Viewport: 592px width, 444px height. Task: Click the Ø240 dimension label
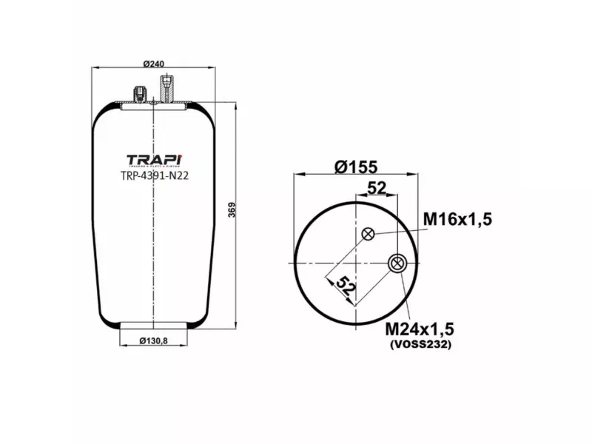point(153,64)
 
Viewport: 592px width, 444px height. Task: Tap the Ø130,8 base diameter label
point(153,341)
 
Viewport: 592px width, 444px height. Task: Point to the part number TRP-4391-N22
point(153,176)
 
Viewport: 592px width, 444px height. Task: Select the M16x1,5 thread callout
point(457,218)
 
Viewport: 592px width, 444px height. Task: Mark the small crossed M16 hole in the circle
point(368,235)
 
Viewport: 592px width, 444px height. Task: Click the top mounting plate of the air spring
point(153,106)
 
